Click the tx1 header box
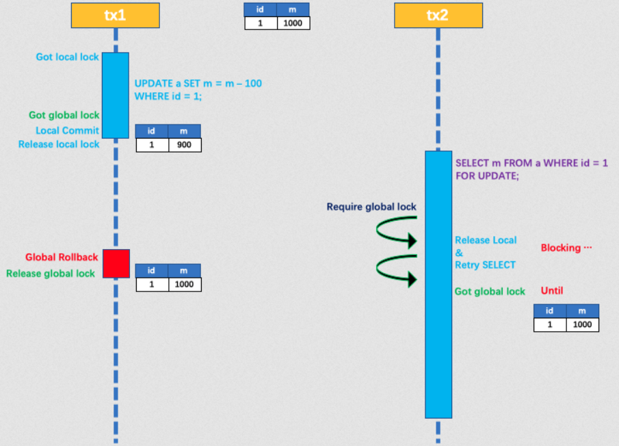click(115, 15)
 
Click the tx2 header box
click(438, 15)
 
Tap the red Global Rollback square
click(116, 263)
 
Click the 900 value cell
click(185, 145)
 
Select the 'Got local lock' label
click(67, 57)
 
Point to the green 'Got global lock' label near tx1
click(64, 115)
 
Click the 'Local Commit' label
click(67, 130)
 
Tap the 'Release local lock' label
click(59, 144)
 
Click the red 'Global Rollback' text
click(62, 257)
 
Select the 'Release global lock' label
click(51, 274)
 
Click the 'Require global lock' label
click(371, 207)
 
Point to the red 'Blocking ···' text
click(566, 248)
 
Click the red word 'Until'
click(552, 291)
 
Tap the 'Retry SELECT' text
click(486, 265)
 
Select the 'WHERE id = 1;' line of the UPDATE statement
click(168, 96)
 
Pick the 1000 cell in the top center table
click(293, 23)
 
